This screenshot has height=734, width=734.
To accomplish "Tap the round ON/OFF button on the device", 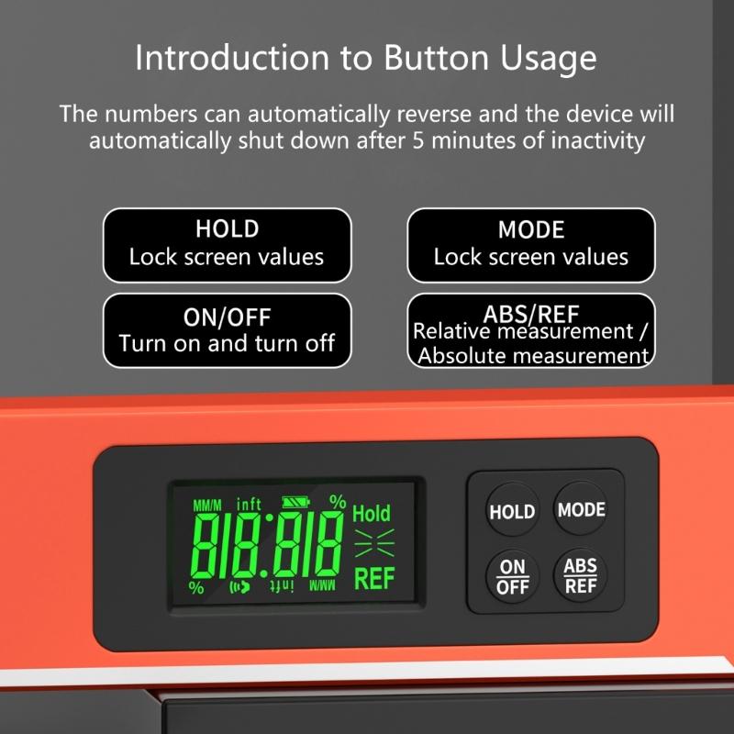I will pos(512,576).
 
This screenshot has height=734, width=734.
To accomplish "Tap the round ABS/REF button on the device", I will pos(581,575).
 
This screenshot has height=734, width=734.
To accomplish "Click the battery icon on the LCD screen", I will pos(297,502).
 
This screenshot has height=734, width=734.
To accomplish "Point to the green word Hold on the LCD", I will pos(371,513).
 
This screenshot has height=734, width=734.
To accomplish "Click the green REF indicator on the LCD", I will pos(373,579).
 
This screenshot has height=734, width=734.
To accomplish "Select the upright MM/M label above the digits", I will pos(207,505).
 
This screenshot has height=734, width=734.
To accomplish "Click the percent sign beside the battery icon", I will pos(338,501).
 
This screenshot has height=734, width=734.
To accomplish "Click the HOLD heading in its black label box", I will pos(227,228).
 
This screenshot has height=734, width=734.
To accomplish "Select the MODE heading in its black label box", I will pos(531,228).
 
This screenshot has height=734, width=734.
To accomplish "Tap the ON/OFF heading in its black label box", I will pos(227,317).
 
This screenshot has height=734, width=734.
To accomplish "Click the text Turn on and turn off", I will pos(227,344).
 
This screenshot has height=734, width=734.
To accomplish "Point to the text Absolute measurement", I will pos(533,356).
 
